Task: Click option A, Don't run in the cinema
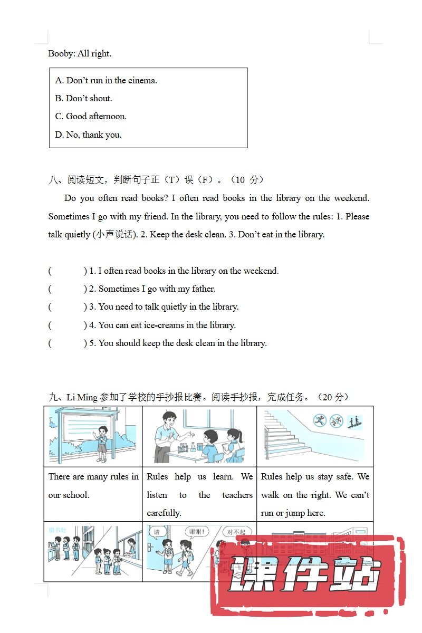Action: coord(106,81)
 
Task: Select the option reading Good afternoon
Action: coord(91,117)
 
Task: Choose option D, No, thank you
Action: coord(88,135)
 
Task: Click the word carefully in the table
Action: coord(164,513)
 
